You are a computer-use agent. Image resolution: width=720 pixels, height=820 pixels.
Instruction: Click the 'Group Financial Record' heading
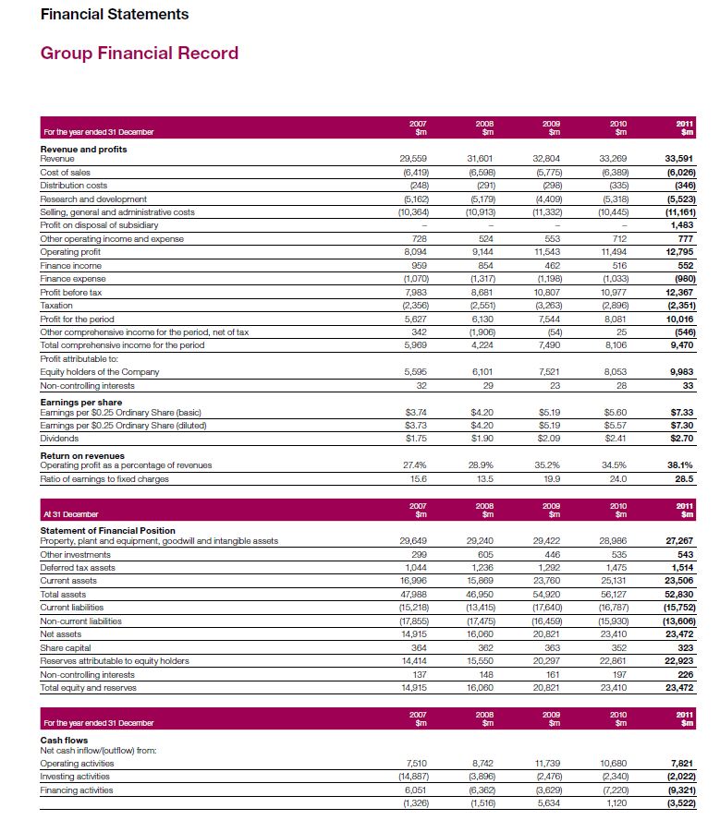click(140, 53)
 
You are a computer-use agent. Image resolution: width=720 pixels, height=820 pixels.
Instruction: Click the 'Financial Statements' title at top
click(115, 14)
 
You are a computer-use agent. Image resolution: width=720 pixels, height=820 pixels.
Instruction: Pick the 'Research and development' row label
click(93, 199)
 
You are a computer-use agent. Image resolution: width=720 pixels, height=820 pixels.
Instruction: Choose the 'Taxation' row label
click(56, 305)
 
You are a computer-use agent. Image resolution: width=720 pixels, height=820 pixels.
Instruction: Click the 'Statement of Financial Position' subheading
click(107, 530)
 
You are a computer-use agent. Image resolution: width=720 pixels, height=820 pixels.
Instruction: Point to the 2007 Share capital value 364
click(419, 647)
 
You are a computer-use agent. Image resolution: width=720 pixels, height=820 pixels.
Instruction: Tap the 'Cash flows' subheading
click(63, 741)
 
